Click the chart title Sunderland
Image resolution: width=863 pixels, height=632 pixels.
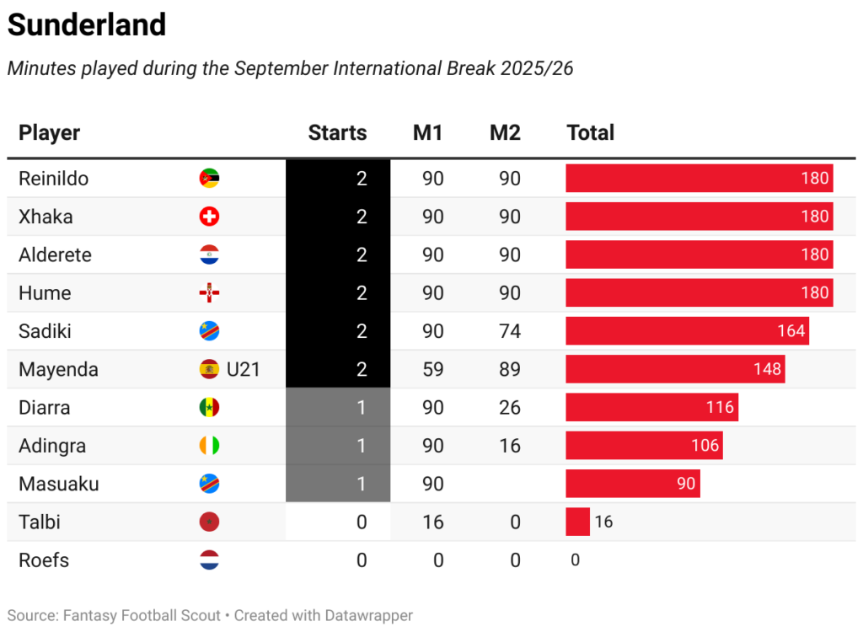[x=87, y=25]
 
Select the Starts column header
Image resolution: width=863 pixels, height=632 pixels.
[x=337, y=132]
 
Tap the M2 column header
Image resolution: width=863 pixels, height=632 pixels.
[x=505, y=132]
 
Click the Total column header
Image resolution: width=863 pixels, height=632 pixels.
[x=590, y=132]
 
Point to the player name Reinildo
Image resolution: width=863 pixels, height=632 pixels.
[x=53, y=179]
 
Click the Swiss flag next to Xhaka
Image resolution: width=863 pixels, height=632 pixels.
[x=209, y=217]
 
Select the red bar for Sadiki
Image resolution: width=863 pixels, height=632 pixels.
[x=687, y=331]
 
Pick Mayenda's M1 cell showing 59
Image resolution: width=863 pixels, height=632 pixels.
[x=432, y=369]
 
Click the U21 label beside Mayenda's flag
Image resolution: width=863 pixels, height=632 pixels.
[x=243, y=369]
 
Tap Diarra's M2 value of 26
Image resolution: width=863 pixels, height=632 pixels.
[x=509, y=408]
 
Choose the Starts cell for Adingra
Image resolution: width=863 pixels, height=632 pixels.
[x=338, y=446]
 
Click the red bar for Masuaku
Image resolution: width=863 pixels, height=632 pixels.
[x=632, y=484]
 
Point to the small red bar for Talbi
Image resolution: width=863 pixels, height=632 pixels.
[x=577, y=522]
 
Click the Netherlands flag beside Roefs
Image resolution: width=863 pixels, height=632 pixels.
[x=209, y=560]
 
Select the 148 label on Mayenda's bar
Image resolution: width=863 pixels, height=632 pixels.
[x=768, y=369]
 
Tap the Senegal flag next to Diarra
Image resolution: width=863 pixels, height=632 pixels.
[x=209, y=408]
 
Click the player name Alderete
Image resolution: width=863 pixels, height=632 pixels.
[x=55, y=254]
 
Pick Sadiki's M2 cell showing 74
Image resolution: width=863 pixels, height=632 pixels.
[x=509, y=331]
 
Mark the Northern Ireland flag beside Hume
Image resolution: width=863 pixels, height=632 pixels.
[x=209, y=293]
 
